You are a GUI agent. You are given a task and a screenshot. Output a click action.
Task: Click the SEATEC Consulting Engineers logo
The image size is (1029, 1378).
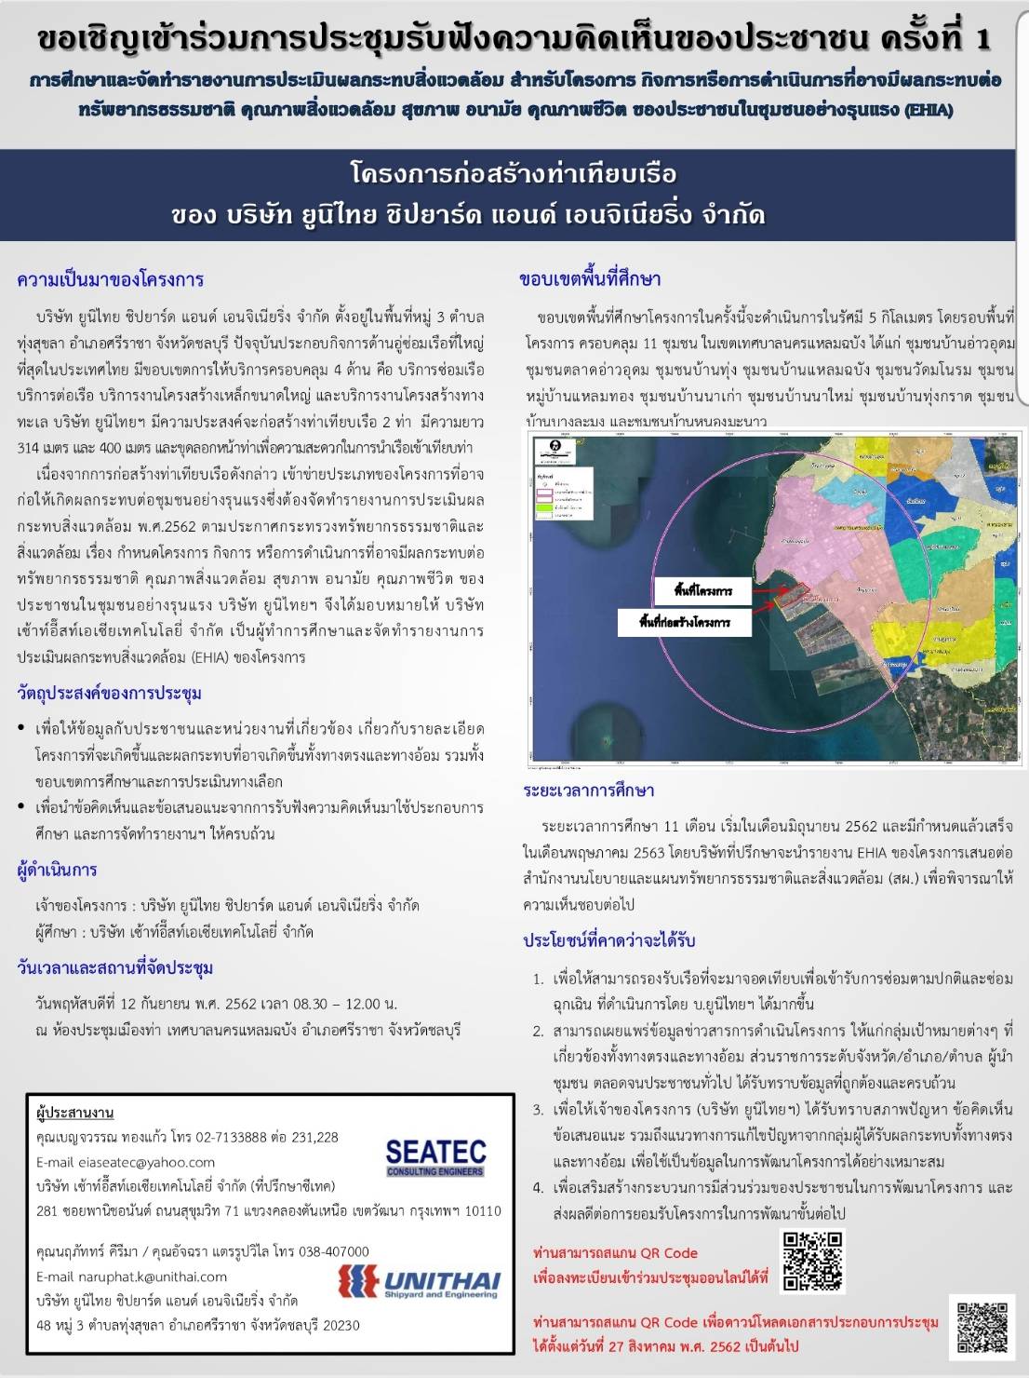(434, 1156)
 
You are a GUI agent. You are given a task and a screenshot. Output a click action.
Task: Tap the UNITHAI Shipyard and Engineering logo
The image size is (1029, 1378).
(420, 1281)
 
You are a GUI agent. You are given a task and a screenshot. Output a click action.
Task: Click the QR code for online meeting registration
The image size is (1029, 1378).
(811, 1261)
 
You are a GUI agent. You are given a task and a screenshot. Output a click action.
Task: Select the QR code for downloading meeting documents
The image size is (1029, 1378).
(982, 1326)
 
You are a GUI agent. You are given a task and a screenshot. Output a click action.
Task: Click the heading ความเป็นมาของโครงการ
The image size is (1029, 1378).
(110, 279)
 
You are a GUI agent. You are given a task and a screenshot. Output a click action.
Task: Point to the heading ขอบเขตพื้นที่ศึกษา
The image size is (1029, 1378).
(590, 278)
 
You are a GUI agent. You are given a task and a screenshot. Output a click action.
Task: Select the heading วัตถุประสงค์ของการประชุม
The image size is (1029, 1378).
(109, 693)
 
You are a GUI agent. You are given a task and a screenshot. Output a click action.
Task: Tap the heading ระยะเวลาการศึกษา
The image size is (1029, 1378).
(588, 790)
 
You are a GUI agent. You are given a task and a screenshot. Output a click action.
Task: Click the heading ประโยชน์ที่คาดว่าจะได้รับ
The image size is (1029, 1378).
(608, 940)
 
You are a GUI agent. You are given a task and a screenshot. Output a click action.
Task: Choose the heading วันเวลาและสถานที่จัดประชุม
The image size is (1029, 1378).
(114, 967)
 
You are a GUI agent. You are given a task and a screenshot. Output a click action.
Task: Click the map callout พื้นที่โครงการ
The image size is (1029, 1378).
(703, 590)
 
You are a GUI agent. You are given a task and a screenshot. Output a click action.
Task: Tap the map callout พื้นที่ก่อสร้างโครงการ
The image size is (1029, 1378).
(685, 621)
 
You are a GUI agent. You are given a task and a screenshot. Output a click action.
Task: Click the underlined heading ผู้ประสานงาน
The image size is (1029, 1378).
(74, 1113)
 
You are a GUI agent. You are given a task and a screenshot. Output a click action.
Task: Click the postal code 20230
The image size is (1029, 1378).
(340, 1325)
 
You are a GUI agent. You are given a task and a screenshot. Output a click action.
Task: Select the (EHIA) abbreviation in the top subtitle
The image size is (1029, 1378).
(928, 109)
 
